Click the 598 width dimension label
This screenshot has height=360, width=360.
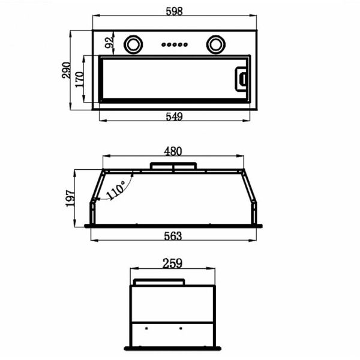coord(174,11)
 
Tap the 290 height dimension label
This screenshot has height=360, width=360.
coord(67,70)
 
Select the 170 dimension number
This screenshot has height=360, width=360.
coord(80,79)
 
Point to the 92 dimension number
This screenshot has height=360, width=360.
coord(109,43)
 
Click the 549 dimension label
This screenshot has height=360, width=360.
coord(174,116)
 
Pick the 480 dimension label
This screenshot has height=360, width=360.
coord(173,151)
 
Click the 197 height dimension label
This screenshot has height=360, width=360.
coord(70,199)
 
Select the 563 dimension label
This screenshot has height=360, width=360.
coord(173,236)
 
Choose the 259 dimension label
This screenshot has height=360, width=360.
coord(172,263)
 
